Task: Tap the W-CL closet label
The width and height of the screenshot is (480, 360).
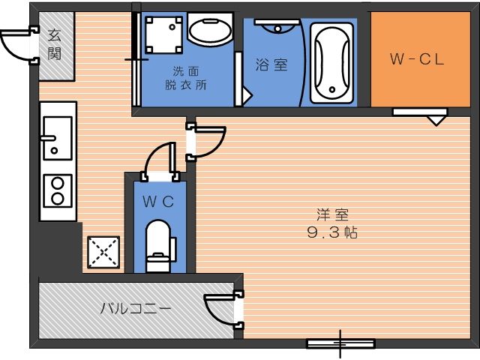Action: (x=417, y=59)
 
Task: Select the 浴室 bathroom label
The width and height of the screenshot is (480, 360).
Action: (x=271, y=65)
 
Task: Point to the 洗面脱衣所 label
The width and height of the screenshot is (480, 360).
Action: (x=186, y=78)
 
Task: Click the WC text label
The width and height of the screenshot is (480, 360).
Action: (x=158, y=202)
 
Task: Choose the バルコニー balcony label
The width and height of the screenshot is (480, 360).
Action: (x=136, y=308)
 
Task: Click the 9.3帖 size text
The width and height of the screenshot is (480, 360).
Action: (x=332, y=233)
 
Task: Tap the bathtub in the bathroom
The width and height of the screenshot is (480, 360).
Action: (x=332, y=63)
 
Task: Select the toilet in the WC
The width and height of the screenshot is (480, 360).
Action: (x=159, y=247)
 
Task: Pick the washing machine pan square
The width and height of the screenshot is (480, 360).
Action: (x=163, y=34)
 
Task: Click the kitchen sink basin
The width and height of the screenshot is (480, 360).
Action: (x=58, y=138)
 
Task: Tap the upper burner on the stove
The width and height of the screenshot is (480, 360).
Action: (x=58, y=183)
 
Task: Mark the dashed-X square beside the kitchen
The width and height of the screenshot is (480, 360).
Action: (x=103, y=252)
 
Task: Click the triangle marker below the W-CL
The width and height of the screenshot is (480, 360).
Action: (x=436, y=121)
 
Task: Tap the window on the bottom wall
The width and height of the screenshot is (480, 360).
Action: (x=340, y=343)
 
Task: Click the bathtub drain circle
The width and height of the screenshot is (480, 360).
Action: (x=332, y=90)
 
